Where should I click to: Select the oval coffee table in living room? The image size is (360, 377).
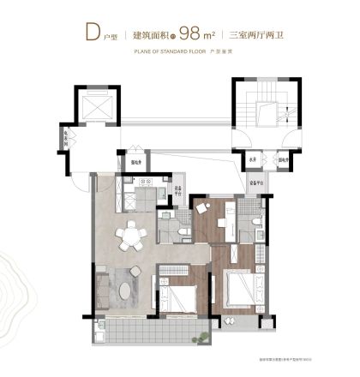[129, 290]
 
